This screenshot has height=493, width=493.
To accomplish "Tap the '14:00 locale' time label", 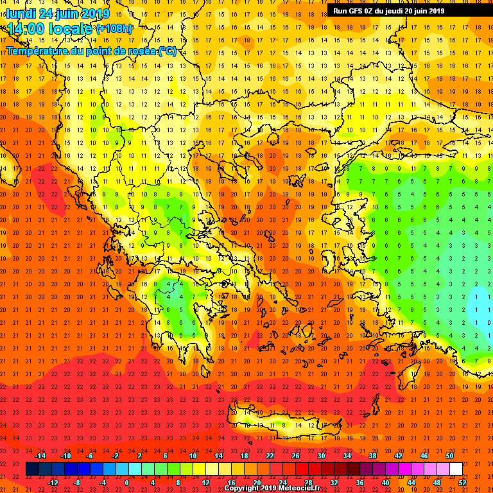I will (x=50, y=29).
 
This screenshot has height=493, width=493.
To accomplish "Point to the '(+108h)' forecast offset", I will (x=114, y=29).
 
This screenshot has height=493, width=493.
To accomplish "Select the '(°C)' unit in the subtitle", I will (x=167, y=51).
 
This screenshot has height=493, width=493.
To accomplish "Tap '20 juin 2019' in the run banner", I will (x=420, y=10).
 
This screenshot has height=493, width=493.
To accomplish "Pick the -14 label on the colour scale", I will (x=40, y=456).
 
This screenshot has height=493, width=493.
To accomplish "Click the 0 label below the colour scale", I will (x=126, y=483).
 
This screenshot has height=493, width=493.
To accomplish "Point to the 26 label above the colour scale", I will (x=295, y=456).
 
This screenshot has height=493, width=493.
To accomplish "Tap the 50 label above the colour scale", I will (x=449, y=456).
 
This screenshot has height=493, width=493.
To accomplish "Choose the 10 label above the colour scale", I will (x=193, y=456).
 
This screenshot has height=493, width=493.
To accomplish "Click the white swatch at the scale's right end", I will (x=456, y=469).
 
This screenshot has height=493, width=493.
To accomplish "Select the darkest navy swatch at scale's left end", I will (x=33, y=469).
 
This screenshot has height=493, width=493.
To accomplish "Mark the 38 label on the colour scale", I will (x=372, y=456).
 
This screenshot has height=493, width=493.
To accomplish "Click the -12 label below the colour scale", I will (x=53, y=483).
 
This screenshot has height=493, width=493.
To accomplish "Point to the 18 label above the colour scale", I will (x=244, y=456).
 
